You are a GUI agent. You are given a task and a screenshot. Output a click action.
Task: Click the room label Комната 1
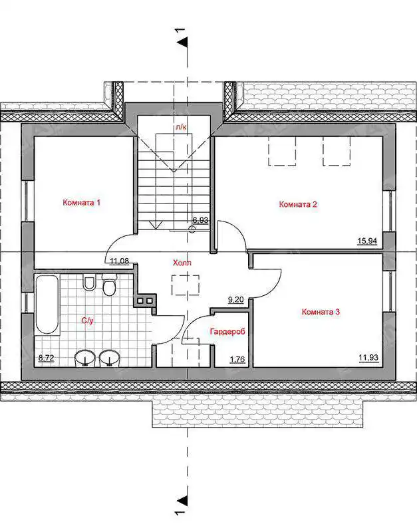81,203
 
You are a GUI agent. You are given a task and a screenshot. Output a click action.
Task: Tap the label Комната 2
298,204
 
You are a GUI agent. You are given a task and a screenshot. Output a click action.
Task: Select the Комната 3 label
321,311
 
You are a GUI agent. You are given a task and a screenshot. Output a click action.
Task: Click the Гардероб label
227,331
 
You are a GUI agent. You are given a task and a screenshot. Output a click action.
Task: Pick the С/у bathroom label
87,321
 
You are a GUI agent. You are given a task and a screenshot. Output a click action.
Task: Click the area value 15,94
367,241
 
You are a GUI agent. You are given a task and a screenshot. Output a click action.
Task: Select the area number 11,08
120,261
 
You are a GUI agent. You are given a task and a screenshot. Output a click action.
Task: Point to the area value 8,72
47,358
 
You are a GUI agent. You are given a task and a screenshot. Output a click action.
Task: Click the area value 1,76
237,359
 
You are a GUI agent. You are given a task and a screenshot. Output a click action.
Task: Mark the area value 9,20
236,300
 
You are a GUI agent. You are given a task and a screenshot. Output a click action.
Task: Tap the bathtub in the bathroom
47,305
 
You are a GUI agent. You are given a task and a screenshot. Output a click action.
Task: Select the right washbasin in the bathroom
110,358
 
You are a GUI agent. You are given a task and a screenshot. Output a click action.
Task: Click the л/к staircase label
180,127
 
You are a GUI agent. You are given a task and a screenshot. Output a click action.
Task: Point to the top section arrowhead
183,42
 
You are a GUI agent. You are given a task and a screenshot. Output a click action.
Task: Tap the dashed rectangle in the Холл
186,286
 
